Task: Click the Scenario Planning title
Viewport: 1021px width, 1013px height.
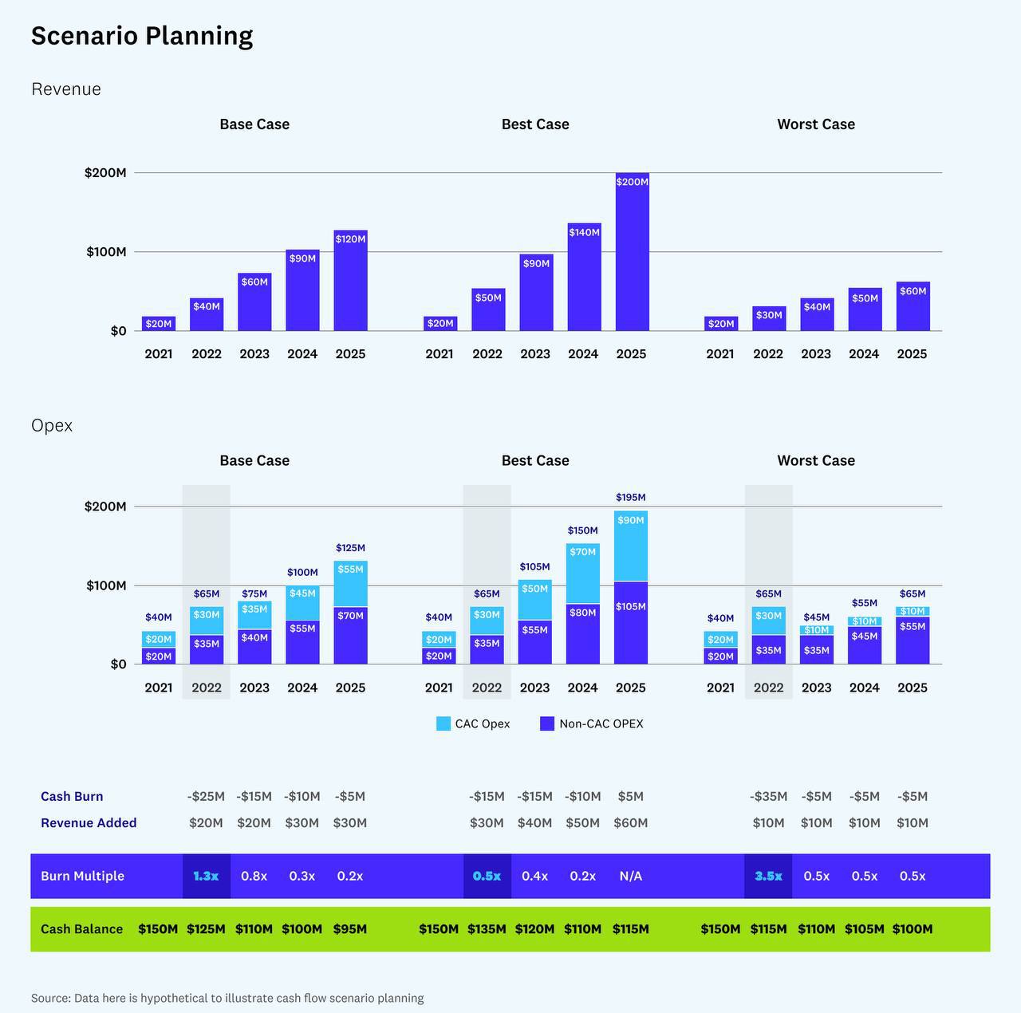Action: (142, 36)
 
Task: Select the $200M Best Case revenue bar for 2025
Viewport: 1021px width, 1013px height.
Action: (632, 251)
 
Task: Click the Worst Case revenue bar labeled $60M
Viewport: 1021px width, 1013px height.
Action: (913, 306)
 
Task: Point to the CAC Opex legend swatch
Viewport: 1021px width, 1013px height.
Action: (443, 723)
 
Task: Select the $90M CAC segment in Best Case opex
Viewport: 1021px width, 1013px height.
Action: (631, 546)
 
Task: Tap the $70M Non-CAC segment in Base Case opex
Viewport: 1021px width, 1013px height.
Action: (350, 636)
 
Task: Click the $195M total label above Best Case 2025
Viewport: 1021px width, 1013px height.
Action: (630, 498)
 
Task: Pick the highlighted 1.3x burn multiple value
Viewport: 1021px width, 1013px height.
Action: (206, 876)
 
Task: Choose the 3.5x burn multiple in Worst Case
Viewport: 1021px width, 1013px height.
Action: (768, 876)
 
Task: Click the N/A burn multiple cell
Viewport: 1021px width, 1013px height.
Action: (630, 876)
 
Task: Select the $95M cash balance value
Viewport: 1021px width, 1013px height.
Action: (350, 929)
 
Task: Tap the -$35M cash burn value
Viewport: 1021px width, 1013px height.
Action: (768, 796)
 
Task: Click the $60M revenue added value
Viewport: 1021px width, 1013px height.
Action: (630, 822)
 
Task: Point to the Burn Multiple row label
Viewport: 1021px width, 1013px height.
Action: (82, 876)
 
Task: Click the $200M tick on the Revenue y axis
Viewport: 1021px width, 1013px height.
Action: (105, 173)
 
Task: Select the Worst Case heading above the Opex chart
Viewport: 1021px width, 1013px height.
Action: (816, 460)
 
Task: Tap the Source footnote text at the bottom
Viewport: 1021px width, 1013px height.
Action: (227, 998)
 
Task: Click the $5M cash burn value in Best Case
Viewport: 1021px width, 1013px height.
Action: (630, 796)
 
